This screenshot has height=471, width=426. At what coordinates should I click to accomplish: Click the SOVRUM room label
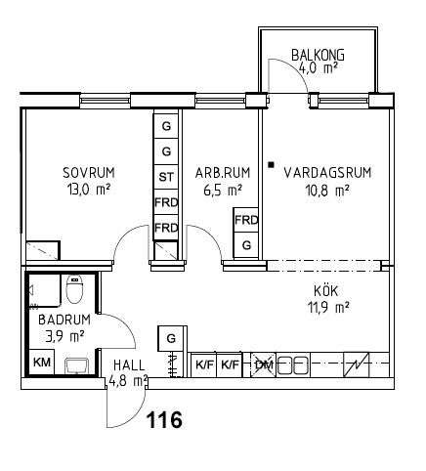[x=89, y=173]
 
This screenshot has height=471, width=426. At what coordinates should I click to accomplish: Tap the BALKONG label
[x=318, y=55]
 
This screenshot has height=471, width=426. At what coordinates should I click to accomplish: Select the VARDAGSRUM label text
[x=327, y=172]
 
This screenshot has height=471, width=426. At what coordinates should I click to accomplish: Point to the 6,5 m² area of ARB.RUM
[x=223, y=190]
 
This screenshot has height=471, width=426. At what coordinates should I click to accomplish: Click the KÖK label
[x=326, y=290]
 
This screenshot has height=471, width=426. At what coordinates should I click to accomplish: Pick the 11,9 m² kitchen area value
[x=328, y=307]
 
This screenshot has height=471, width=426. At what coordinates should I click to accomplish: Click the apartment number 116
[x=165, y=419]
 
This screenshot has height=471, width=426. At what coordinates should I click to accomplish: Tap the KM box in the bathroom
[x=42, y=363]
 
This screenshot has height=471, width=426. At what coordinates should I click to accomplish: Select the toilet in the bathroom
[x=74, y=288]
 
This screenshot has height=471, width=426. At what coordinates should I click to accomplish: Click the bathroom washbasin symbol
[x=76, y=366]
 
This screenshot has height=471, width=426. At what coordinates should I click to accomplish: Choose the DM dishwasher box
[x=263, y=364]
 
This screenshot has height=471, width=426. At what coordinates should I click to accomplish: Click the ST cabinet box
[x=166, y=177]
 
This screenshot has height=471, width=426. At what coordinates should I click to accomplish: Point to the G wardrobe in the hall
[x=171, y=339]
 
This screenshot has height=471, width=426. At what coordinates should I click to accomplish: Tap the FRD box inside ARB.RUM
[x=246, y=220]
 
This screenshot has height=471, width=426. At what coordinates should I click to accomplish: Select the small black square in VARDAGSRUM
[x=271, y=165]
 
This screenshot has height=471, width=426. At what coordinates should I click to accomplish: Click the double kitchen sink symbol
[x=293, y=365]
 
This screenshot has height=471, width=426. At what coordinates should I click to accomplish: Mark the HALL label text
[x=129, y=365]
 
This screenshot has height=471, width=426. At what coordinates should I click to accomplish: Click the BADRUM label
[x=64, y=320]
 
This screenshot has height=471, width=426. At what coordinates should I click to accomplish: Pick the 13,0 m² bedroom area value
[x=89, y=190]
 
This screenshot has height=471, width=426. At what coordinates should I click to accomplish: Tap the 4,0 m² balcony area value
[x=318, y=68]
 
